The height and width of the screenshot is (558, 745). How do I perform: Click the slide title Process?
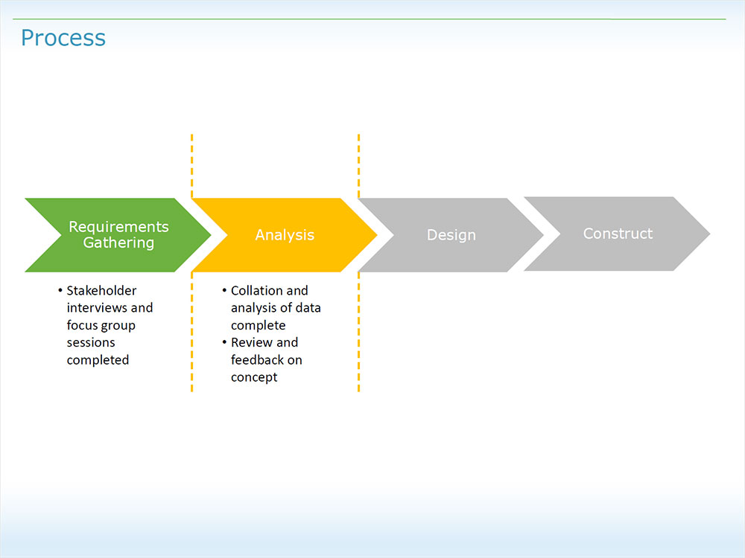(x=63, y=38)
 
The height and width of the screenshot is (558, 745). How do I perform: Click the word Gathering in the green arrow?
(x=119, y=243)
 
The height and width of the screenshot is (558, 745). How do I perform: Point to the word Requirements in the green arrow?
(x=119, y=226)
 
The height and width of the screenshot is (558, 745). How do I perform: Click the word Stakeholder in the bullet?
(x=101, y=290)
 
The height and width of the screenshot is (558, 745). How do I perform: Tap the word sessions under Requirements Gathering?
(x=91, y=342)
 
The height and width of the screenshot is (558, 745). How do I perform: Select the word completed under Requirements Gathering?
(x=98, y=360)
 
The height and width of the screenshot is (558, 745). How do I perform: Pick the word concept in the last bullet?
(x=254, y=377)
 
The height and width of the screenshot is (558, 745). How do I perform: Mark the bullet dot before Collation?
(x=224, y=290)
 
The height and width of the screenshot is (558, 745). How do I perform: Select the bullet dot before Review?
(x=224, y=342)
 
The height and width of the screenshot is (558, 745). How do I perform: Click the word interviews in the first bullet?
(x=96, y=307)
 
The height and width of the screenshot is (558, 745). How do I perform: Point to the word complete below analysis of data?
(x=258, y=325)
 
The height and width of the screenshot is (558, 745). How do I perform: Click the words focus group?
(x=101, y=325)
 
